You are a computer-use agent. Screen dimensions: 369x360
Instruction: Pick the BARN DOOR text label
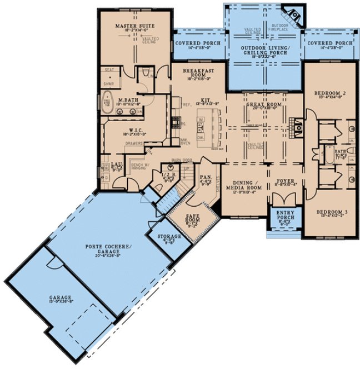tap(181, 160)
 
